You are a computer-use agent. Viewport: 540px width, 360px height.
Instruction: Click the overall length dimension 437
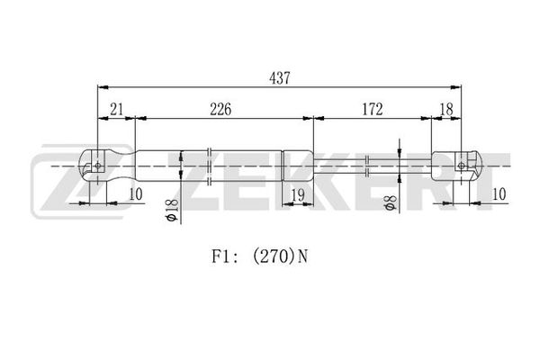[280, 78]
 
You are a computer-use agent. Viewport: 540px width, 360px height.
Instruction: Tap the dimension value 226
[220, 109]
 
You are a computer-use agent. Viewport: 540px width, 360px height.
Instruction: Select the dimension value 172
[373, 109]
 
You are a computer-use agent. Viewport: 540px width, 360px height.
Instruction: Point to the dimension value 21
[116, 109]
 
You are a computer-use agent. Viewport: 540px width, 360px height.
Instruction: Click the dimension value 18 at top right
[446, 109]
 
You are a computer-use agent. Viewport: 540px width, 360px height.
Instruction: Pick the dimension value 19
[298, 195]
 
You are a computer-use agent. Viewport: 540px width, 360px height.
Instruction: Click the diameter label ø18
[172, 210]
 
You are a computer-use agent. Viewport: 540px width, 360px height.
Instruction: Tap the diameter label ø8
[391, 202]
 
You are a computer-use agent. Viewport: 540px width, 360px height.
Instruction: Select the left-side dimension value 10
[136, 194]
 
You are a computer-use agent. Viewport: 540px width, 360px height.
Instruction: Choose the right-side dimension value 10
[499, 194]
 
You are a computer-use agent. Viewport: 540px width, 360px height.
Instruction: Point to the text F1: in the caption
[224, 256]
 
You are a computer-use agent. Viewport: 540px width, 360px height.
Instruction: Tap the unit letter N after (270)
[302, 256]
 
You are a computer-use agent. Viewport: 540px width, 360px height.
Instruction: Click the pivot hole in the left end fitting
[98, 166]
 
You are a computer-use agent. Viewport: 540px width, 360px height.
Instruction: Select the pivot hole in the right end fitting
[462, 166]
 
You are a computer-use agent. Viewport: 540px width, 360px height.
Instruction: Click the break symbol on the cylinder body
[209, 166]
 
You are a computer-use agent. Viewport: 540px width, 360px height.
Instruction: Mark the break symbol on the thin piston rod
[367, 166]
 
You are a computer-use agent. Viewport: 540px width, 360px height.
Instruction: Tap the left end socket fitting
[107, 166]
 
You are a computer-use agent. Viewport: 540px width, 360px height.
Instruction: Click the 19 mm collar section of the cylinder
[298, 166]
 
